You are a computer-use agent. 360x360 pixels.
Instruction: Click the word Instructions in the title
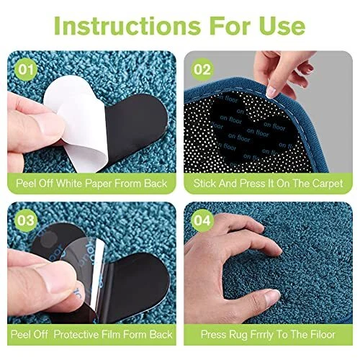[127, 26]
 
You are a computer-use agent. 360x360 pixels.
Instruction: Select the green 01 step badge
[26, 70]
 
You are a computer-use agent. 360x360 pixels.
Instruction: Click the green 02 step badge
[202, 70]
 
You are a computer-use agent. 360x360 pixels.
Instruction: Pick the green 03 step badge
[26, 220]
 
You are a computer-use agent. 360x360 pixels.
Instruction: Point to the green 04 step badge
[202, 220]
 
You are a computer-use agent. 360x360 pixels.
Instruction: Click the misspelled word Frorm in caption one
[128, 184]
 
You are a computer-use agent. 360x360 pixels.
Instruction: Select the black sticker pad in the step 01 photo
[135, 127]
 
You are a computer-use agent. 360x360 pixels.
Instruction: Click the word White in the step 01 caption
[70, 184]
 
